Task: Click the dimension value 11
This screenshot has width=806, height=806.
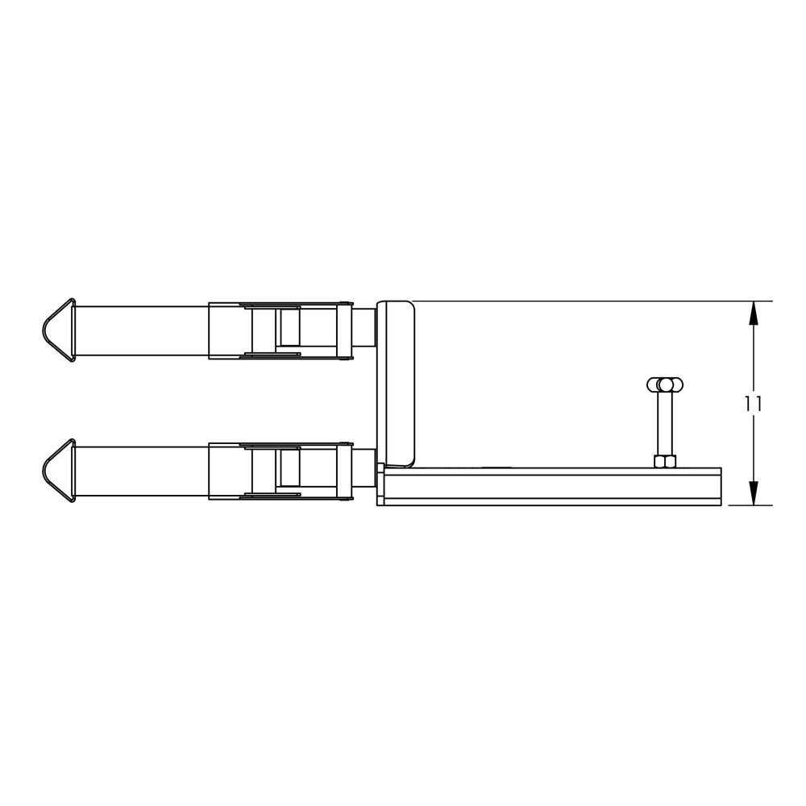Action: (x=753, y=404)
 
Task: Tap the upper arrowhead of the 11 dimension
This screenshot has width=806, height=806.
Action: (x=754, y=313)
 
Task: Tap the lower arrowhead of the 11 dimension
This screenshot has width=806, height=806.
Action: (x=754, y=493)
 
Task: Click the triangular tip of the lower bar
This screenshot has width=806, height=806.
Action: (x=57, y=471)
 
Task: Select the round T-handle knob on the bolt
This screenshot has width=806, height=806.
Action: (x=665, y=384)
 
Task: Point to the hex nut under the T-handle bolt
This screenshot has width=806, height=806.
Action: (x=665, y=461)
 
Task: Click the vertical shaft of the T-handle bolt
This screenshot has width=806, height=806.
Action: (x=665, y=423)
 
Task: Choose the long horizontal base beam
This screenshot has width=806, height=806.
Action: (x=552, y=486)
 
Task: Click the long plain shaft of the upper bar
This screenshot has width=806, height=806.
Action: (x=141, y=330)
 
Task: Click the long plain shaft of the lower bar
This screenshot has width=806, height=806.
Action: (x=141, y=472)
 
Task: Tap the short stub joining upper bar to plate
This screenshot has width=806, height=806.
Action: (x=364, y=327)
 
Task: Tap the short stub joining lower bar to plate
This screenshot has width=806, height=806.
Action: (x=364, y=468)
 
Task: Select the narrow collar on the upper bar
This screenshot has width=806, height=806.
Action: (x=344, y=330)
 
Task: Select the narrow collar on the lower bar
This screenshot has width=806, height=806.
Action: (x=344, y=472)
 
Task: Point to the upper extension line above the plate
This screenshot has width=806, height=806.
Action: (x=580, y=301)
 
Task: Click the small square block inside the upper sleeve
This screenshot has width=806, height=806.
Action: (x=290, y=329)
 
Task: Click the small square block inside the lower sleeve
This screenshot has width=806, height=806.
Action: (x=290, y=469)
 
